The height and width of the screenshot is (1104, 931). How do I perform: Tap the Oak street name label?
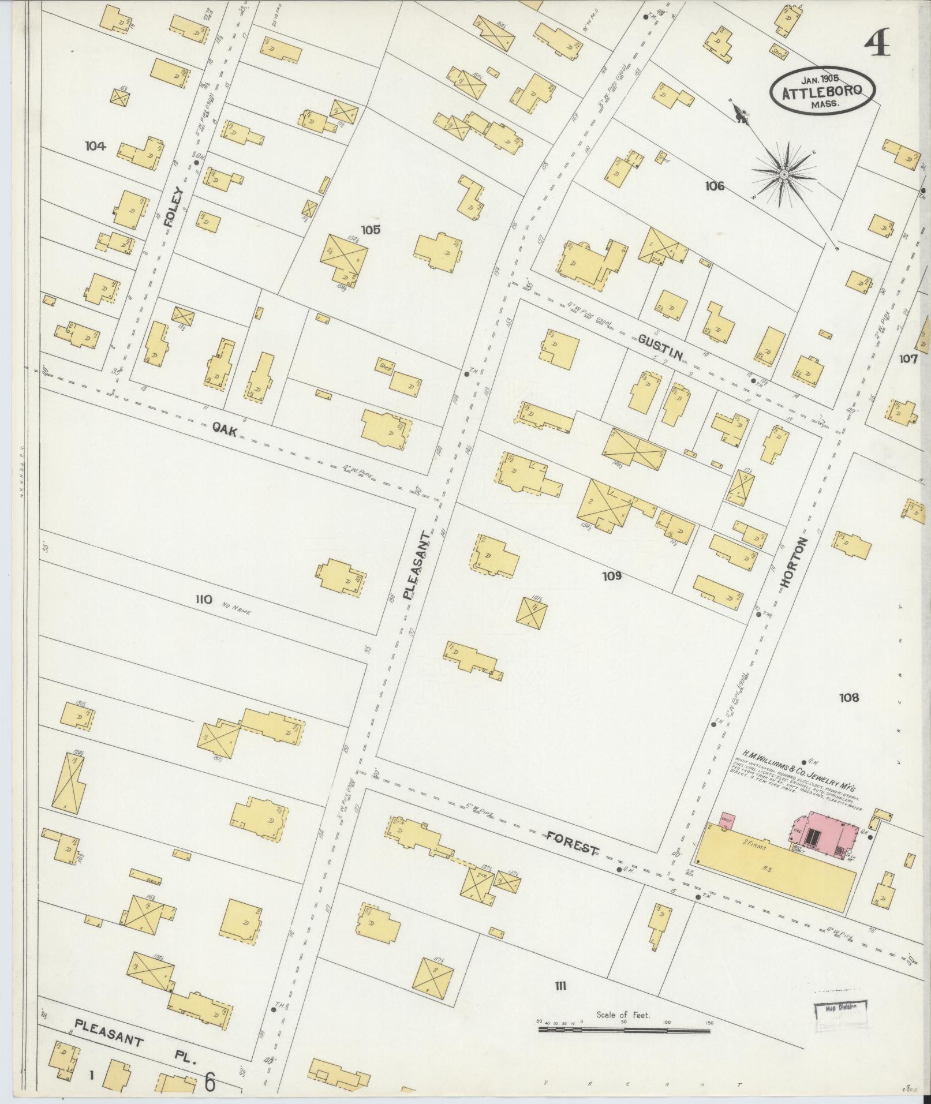225,430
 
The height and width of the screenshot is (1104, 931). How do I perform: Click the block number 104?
95,147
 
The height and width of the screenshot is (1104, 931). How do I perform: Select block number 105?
371,230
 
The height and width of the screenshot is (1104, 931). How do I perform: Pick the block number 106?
714,186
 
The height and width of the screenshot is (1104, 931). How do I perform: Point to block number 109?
611,575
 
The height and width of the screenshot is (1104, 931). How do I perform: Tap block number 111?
559,986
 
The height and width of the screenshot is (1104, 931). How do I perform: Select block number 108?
849,698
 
